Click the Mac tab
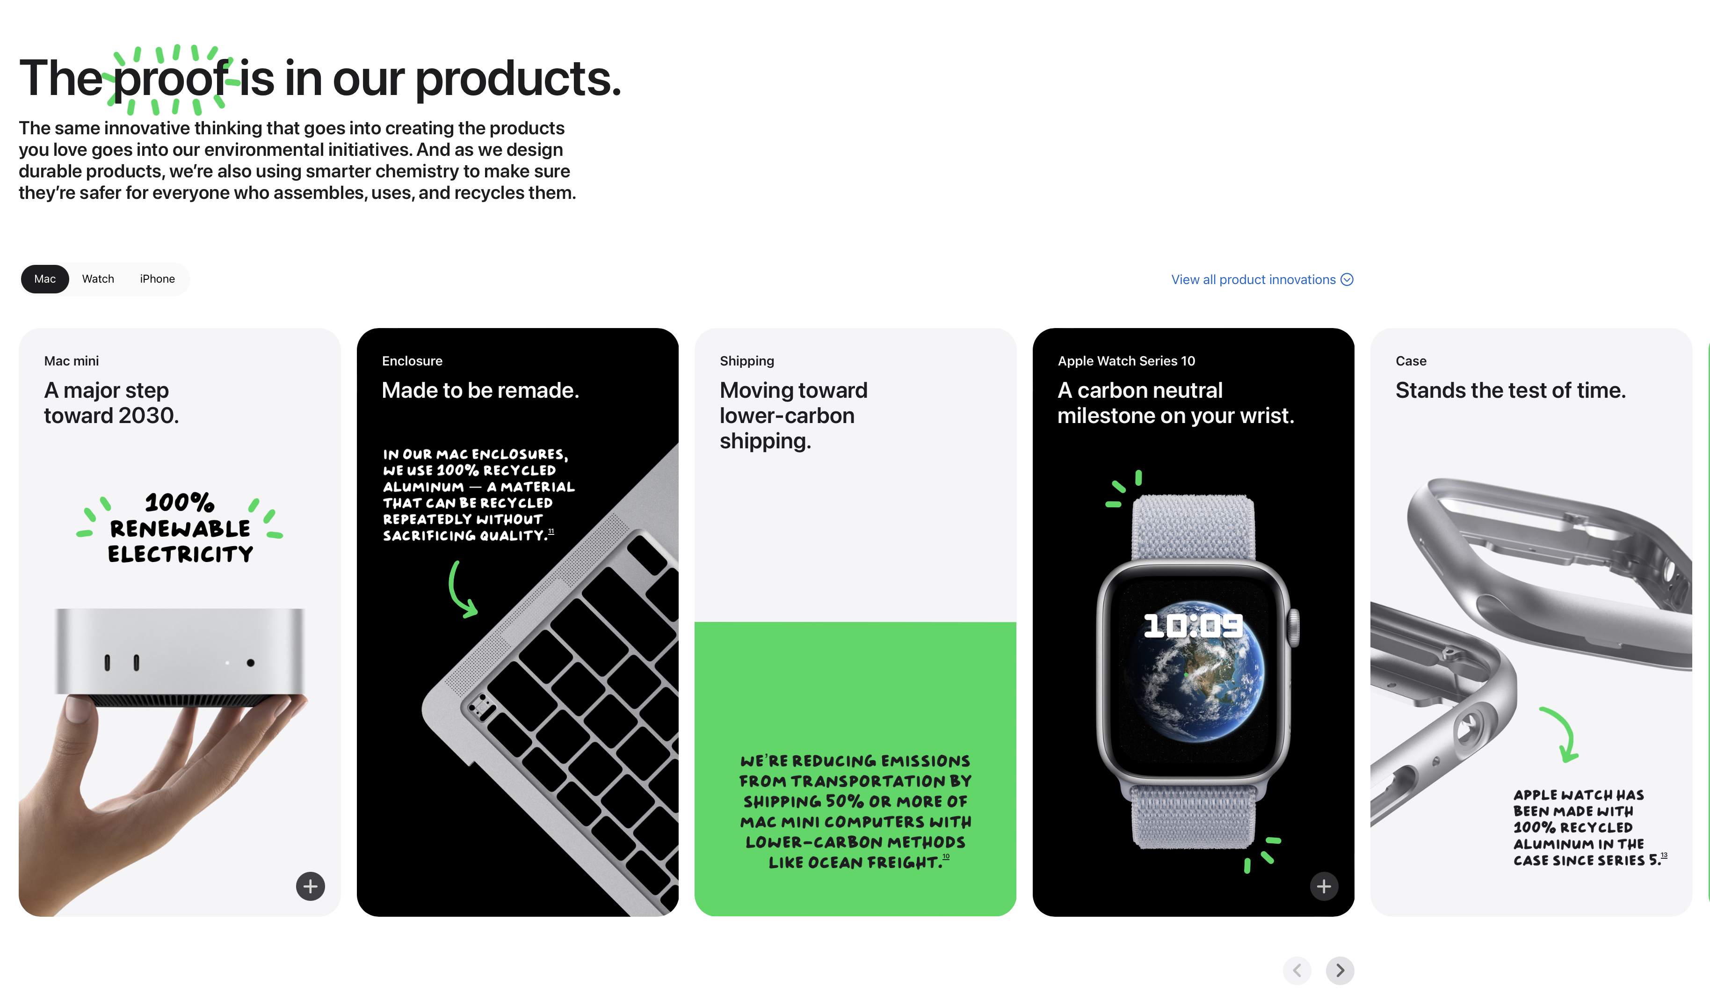45,279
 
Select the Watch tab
98,279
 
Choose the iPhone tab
157,279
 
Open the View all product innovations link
1262,280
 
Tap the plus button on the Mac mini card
310,886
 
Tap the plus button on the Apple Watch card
1324,886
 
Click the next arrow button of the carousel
1340,971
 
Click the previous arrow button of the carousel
1297,971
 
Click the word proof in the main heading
171,80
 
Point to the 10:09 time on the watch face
1193,626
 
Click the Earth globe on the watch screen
1193,671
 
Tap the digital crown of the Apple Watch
1294,627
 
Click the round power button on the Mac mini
251,663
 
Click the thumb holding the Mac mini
78,710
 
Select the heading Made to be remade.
480,391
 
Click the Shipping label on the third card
747,361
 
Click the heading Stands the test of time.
1510,391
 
